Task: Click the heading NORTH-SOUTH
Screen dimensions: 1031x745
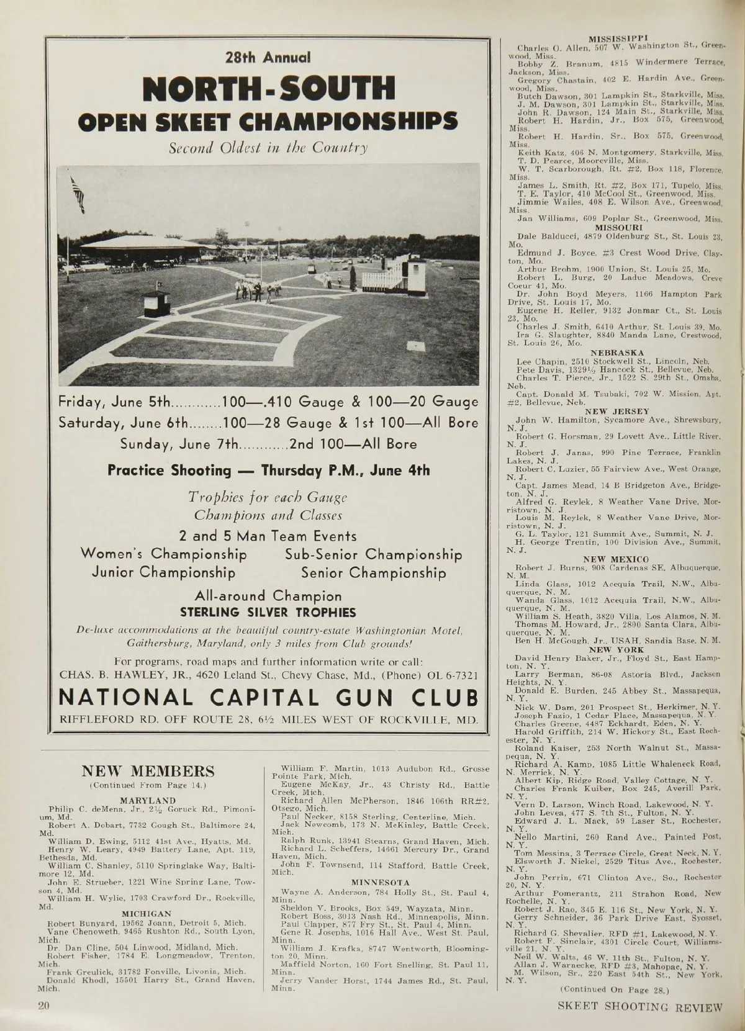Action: click(x=268, y=88)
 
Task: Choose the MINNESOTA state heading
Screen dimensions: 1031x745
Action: click(x=381, y=881)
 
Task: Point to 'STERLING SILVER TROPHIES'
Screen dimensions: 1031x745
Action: click(x=268, y=613)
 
